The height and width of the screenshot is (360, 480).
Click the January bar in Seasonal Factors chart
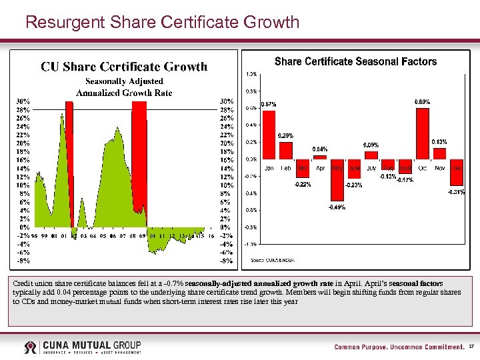tap(269, 135)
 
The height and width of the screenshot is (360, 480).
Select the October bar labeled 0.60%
tap(422, 133)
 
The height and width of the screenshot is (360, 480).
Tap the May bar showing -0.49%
tap(337, 181)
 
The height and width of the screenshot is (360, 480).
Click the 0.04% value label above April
tap(320, 149)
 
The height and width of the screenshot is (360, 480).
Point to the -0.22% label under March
tap(302, 185)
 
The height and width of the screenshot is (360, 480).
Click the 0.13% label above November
tap(439, 142)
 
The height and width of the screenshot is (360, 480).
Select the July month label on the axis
tap(371, 168)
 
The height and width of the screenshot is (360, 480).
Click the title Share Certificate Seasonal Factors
tap(355, 61)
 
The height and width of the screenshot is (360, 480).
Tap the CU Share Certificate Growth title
tap(124, 67)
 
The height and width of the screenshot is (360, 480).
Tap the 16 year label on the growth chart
tap(211, 236)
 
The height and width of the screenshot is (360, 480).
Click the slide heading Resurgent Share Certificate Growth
tap(162, 22)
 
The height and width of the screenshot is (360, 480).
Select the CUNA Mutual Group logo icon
tap(31, 347)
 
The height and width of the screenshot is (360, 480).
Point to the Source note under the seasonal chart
tap(272, 259)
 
